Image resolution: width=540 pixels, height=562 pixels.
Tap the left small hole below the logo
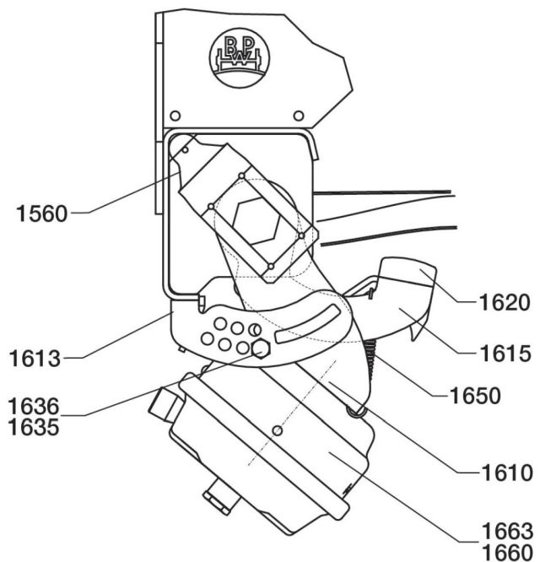click(175, 115)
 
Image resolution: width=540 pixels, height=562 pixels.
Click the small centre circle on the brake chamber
click(279, 431)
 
